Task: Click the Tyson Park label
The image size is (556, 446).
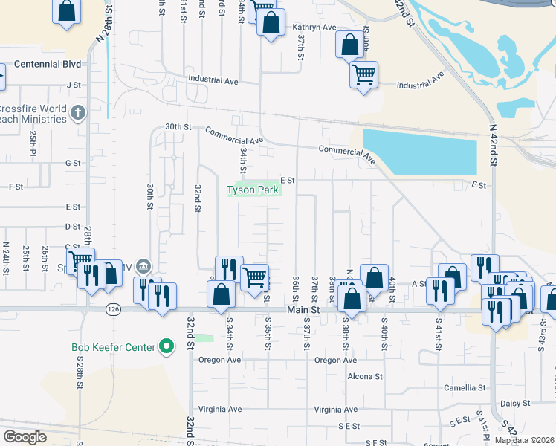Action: coord(253,190)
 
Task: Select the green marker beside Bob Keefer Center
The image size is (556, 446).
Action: coord(167,347)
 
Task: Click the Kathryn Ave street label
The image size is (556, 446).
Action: coord(314,28)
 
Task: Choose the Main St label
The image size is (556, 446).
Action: coord(304,309)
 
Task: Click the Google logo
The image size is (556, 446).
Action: coord(25,437)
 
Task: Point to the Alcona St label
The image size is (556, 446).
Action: coord(365,376)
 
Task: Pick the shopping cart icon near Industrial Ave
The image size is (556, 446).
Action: coord(363,74)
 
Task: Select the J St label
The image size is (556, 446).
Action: coord(73,85)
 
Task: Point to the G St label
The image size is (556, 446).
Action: coord(72,163)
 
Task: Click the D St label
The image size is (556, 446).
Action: coord(72,226)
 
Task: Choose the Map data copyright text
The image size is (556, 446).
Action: coord(524,440)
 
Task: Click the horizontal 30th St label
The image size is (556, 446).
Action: coord(178,127)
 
